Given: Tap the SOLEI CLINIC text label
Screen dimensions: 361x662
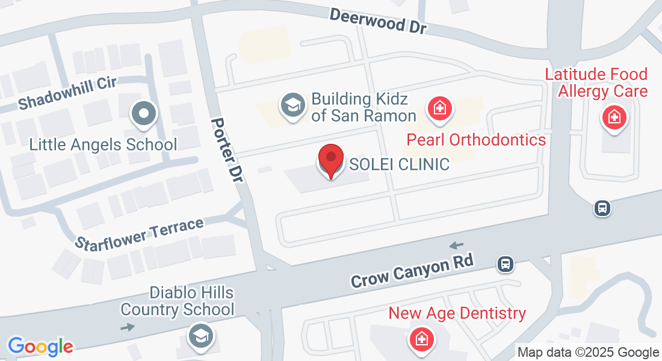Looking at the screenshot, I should pos(399,164).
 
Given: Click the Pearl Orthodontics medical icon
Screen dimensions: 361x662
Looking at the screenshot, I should pos(441,109).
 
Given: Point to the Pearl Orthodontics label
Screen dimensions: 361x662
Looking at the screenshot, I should pos(476,140).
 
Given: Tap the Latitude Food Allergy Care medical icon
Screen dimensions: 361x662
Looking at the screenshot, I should pos(614,116).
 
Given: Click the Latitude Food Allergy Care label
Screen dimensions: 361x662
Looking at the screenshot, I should pos(596,83).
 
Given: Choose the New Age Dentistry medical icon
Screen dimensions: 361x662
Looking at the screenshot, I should pos(421,339).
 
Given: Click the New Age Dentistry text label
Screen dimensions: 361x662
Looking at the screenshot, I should pos(457,313).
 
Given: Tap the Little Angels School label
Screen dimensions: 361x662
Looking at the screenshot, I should pos(104,144).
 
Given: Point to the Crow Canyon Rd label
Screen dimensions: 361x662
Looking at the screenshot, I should pos(413,270).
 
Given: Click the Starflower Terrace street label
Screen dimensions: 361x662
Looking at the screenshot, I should pos(140,234).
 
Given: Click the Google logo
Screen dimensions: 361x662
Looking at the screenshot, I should pos(40,347).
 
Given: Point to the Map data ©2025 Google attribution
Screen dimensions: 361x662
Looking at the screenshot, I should pos(588,353).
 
